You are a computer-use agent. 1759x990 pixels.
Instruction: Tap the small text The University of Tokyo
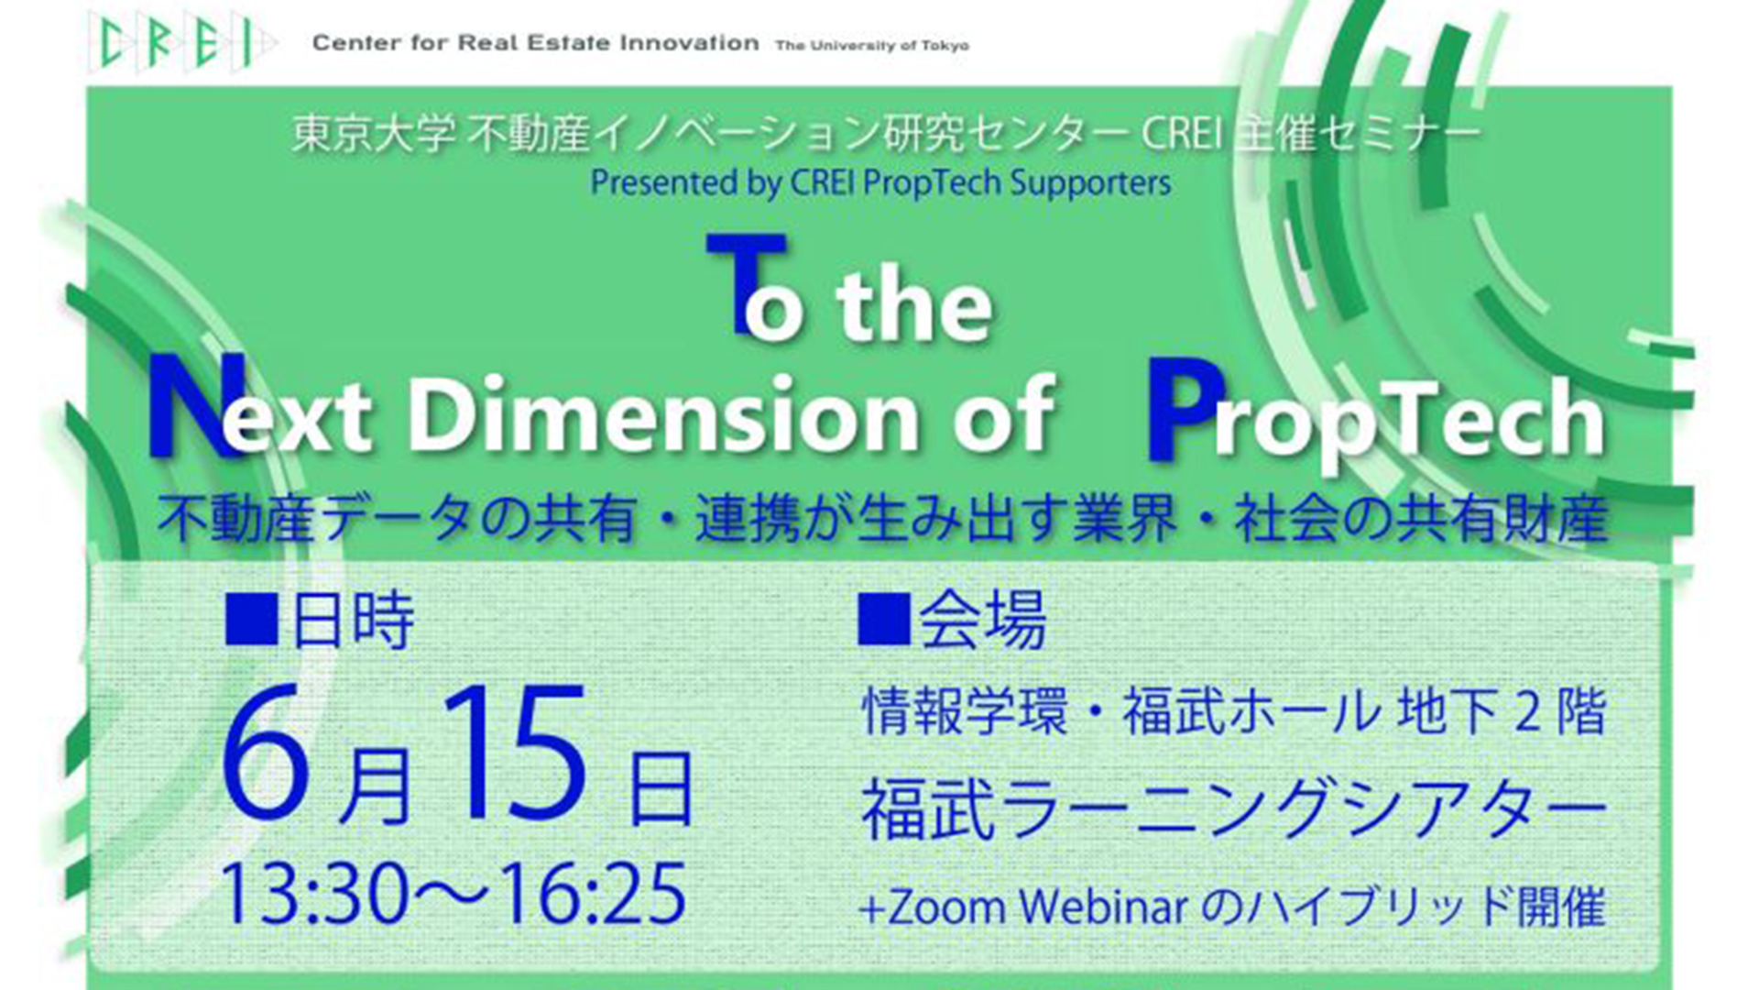[872, 45]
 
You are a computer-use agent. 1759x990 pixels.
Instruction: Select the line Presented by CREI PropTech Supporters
[880, 182]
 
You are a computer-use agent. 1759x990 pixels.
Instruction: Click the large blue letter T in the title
[746, 283]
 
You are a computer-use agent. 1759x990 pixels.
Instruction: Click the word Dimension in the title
[664, 414]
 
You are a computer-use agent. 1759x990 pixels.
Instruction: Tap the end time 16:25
[593, 893]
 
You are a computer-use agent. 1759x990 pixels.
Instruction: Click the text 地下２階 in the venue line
[1502, 711]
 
